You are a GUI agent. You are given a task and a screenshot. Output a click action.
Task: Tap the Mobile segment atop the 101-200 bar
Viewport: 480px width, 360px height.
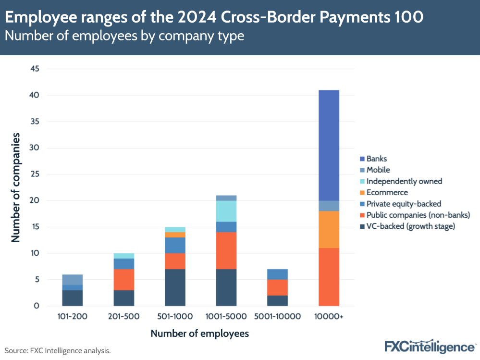[72, 280]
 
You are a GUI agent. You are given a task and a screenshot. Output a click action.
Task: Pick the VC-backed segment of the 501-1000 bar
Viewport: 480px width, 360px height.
[175, 287]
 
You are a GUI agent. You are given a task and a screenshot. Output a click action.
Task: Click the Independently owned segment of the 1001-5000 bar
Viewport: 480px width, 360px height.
[226, 211]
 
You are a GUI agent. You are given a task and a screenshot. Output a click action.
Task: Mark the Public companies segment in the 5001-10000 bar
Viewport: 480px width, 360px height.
[277, 287]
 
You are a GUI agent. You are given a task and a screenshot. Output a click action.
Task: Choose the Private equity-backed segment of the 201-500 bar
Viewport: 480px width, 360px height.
[123, 264]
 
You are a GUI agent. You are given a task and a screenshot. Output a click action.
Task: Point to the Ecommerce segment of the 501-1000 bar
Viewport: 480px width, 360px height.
[175, 235]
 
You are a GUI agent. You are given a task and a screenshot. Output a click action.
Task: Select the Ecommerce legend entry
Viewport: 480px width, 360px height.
[387, 192]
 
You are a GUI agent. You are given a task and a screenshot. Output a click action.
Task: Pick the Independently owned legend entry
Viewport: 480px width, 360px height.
[404, 181]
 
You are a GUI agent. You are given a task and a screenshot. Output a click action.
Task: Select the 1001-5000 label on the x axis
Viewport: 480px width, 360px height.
[226, 316]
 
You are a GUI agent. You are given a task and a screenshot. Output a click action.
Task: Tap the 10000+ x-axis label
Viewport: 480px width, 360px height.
[329, 316]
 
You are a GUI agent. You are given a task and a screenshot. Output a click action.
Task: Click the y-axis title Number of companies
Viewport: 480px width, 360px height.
[16, 187]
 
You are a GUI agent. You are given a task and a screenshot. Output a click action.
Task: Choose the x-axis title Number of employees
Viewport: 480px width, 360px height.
[200, 334]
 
